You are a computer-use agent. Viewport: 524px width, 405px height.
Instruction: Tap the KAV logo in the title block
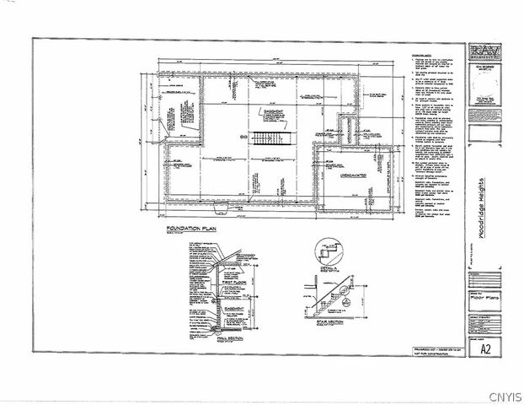(x=484, y=51)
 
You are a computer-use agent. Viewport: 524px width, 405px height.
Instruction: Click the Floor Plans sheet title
(x=483, y=298)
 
